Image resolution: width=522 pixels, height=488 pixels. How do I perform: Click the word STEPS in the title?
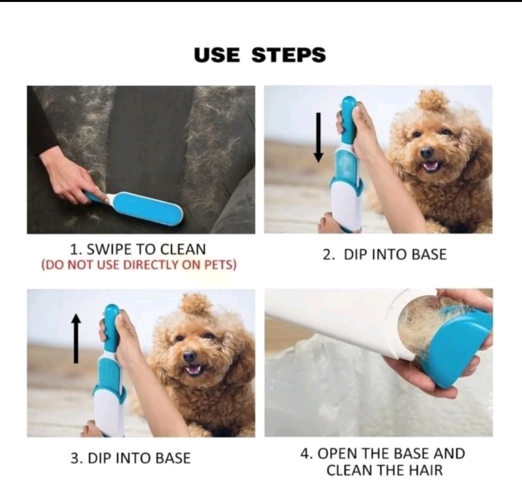pos(289,55)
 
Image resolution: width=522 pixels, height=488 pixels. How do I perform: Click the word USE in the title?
pos(217,55)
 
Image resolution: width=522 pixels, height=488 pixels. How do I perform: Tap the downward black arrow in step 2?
pos(319,137)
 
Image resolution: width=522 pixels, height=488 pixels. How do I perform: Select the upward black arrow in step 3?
pos(76,339)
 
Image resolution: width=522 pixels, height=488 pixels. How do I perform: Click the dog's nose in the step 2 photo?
pos(426,153)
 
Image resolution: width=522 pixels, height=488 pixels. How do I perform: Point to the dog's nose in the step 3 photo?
pos(189,357)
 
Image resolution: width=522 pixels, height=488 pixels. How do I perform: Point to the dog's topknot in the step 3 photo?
pos(196,304)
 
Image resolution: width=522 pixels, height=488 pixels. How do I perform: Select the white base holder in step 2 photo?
pos(346,206)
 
